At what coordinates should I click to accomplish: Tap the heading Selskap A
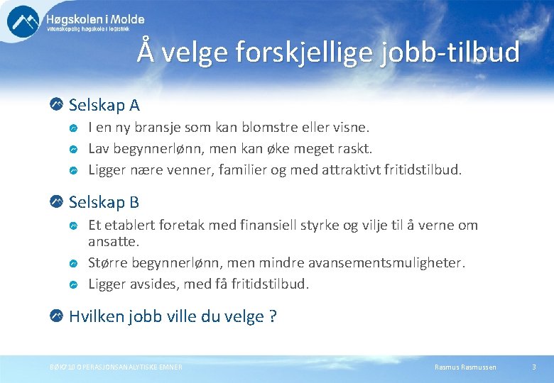[104, 106]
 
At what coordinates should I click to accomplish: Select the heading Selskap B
[104, 202]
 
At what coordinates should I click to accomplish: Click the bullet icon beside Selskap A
[57, 105]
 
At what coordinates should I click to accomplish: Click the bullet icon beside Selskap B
[57, 201]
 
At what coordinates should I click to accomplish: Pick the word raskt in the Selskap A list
[353, 148]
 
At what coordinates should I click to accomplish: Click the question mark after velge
[273, 317]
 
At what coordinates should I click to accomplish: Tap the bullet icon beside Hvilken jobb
[57, 316]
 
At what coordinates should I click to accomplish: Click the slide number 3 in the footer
[533, 367]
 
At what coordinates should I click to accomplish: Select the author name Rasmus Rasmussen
[465, 367]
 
